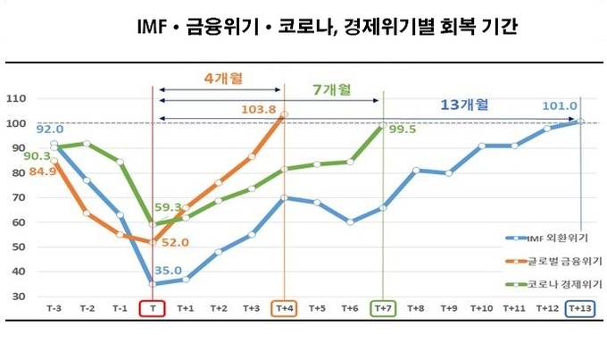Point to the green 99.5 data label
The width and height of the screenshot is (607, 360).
click(402, 129)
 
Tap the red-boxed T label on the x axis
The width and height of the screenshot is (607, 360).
click(154, 307)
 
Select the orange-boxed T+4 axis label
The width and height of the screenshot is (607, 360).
click(284, 307)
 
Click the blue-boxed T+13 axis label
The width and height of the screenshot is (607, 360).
click(579, 307)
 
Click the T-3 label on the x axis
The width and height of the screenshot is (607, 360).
click(54, 307)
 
